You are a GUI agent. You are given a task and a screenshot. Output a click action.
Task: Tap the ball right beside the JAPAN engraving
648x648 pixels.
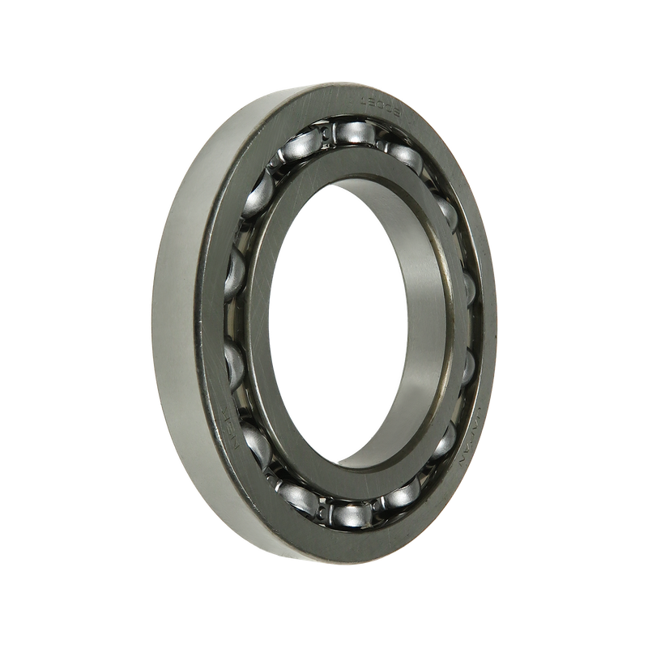point(445,441)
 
